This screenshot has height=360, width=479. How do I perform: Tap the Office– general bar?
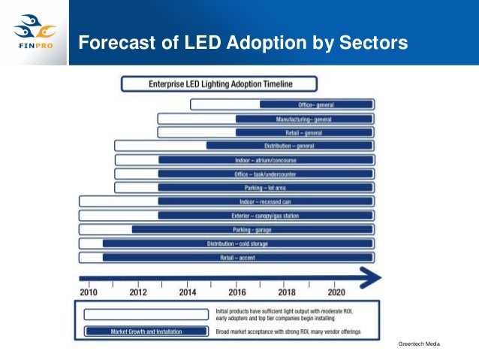pos(316,104)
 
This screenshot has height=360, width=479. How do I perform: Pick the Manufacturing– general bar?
pos(304,119)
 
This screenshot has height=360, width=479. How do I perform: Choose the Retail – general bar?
pos(304,132)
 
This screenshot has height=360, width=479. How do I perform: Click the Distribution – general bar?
pos(289,146)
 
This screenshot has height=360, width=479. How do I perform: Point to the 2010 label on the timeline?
pos(89,292)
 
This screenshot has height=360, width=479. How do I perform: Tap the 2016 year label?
pos(236,292)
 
